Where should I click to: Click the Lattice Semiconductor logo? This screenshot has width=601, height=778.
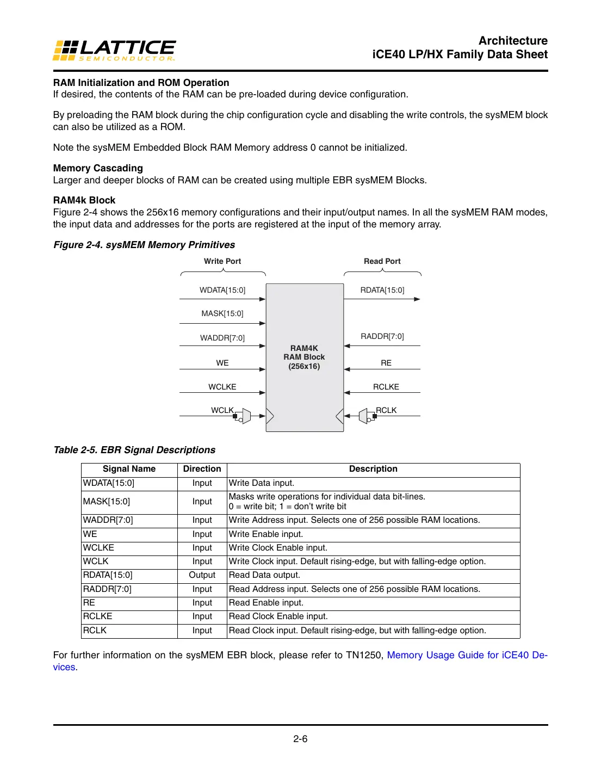[114, 50]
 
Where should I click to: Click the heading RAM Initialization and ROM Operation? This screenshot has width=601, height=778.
[141, 83]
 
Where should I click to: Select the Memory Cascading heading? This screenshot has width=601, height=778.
[98, 168]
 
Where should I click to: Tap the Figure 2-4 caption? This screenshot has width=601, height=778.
[144, 245]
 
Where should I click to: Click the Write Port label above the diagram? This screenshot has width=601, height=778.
[222, 261]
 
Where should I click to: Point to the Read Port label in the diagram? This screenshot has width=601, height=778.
[382, 261]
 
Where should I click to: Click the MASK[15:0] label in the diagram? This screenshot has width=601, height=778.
[222, 313]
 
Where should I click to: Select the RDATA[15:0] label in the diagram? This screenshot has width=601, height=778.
[382, 290]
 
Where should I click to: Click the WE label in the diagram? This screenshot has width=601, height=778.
[222, 363]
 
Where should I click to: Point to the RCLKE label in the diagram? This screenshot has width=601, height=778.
[386, 387]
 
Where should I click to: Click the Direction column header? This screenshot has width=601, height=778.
[202, 469]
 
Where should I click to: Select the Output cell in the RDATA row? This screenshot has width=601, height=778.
[202, 575]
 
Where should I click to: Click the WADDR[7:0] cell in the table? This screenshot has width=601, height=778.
[108, 520]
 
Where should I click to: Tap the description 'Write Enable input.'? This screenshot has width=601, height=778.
[266, 534]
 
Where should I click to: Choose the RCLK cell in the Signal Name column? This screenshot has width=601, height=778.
[95, 630]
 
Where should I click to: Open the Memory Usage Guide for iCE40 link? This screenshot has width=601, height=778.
[467, 655]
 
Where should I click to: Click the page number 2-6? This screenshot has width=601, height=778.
[300, 739]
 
